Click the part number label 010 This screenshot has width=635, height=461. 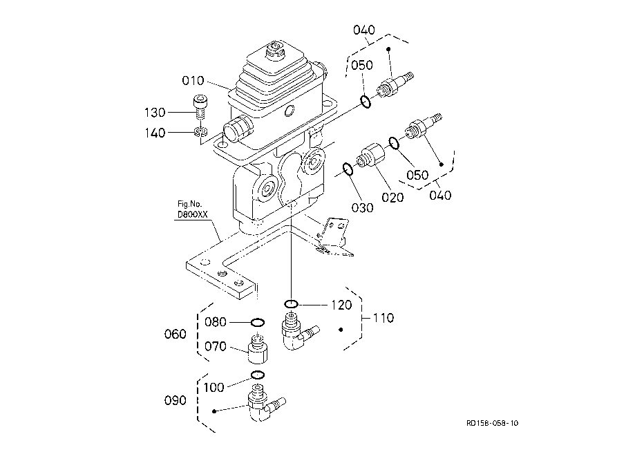tap(193, 81)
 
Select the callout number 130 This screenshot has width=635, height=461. tap(155, 113)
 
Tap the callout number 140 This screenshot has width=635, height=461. tap(155, 133)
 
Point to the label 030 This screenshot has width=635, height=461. tap(362, 208)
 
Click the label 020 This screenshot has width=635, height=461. tap(392, 198)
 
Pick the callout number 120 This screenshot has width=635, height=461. tap(341, 305)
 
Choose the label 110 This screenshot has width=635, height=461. tap(383, 318)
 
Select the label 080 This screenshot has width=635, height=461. tap(215, 322)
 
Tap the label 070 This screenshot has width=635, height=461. tap(215, 347)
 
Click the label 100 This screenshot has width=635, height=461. tap(214, 388)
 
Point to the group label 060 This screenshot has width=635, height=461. tap(175, 335)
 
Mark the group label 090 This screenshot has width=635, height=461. tap(175, 401)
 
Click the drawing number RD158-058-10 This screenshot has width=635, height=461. tap(492, 423)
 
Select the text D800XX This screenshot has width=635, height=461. tap(192, 215)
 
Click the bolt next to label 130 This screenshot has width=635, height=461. tap(199, 107)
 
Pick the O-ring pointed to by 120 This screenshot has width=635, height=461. tap(291, 303)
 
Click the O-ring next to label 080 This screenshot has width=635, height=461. tap(258, 323)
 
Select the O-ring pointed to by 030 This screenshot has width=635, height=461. tap(348, 169)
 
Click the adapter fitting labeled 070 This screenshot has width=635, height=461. tap(258, 349)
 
